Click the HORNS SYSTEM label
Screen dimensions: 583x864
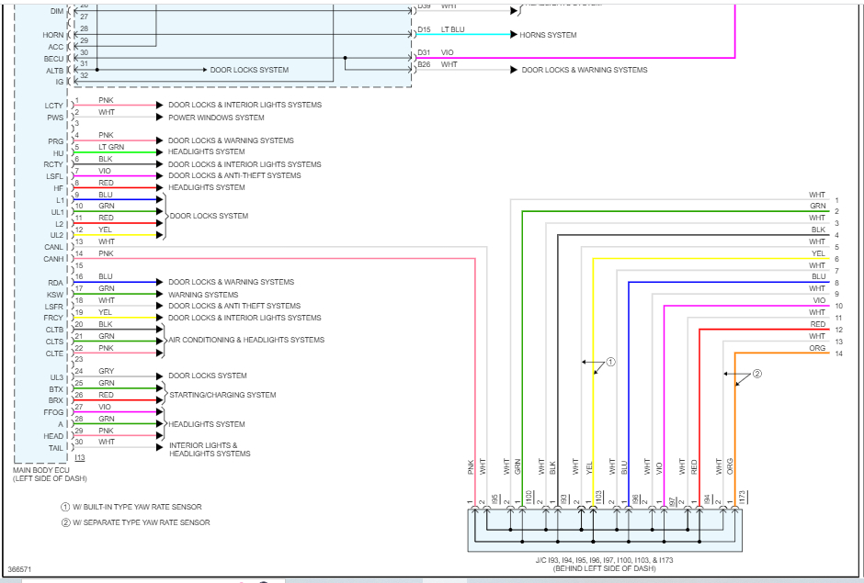click(548, 35)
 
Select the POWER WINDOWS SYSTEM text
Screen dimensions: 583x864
click(216, 118)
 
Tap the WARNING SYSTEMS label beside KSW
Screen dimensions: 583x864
click(203, 295)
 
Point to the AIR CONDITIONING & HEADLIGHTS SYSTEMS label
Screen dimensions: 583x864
click(245, 340)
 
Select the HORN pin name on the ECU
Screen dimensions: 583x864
click(53, 35)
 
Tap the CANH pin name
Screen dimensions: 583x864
click(53, 259)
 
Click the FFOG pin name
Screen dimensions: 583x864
click(53, 413)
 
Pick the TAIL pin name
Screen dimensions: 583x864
click(55, 448)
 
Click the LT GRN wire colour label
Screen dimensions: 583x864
click(111, 147)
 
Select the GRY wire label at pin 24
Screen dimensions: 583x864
click(107, 371)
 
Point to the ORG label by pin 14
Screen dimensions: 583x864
click(817, 348)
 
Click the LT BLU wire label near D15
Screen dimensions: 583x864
click(453, 29)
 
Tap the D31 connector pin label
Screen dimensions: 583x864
click(424, 53)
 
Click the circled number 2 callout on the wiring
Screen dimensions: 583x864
click(757, 374)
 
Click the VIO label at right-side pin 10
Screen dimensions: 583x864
click(819, 301)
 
